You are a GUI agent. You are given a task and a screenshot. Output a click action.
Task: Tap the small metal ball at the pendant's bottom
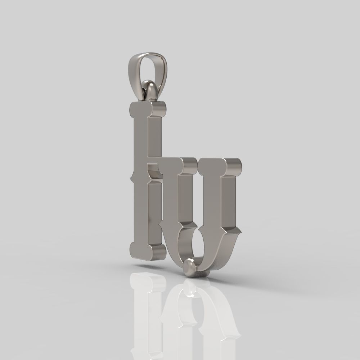click(x=189, y=267)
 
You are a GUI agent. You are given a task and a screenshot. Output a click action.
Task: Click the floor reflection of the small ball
click(x=189, y=290)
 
